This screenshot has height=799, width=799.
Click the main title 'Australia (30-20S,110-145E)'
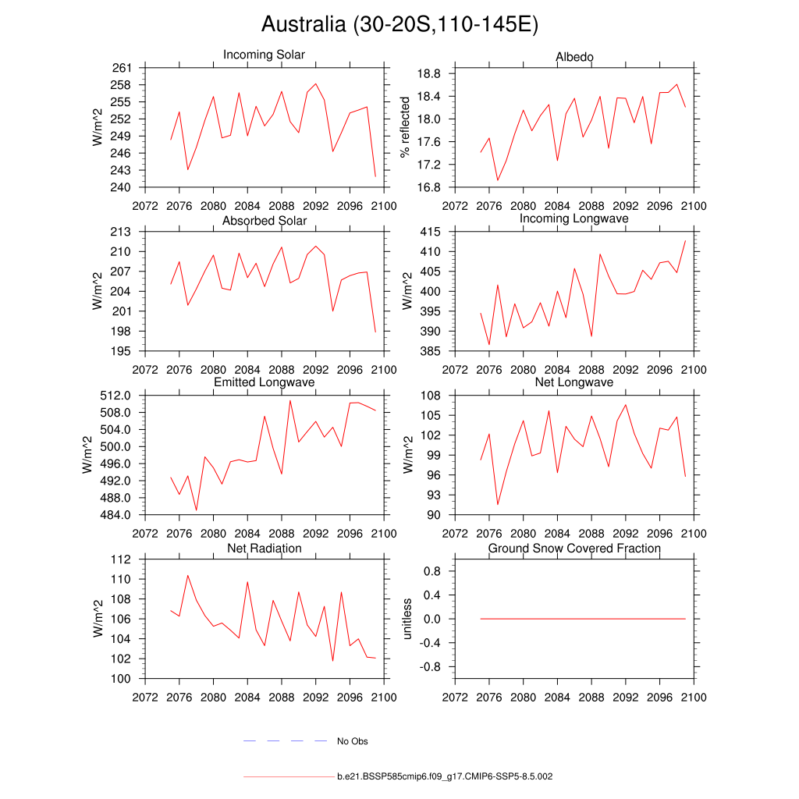point(399,25)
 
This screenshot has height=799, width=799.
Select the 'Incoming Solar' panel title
point(264,55)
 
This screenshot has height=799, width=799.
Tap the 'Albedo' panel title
point(574,58)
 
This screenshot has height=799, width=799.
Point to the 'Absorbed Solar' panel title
point(264,221)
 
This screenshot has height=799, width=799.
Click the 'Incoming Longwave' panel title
point(574,218)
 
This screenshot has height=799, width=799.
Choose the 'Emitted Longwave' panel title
point(264,382)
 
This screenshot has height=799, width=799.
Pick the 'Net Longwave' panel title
point(574,382)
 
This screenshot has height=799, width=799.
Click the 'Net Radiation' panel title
point(264,549)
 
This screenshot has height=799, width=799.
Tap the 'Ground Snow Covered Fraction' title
point(574,549)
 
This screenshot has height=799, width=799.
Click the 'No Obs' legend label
point(352,741)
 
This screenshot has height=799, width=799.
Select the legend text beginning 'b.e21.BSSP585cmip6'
point(445,777)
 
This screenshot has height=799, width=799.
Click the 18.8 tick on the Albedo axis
point(428,74)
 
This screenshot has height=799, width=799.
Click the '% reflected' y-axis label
point(404,127)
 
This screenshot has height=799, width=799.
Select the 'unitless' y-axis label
point(406,619)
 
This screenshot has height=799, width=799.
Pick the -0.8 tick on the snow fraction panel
point(429,667)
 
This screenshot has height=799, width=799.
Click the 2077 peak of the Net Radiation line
point(187,576)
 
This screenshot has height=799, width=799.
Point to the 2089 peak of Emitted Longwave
point(290,401)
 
